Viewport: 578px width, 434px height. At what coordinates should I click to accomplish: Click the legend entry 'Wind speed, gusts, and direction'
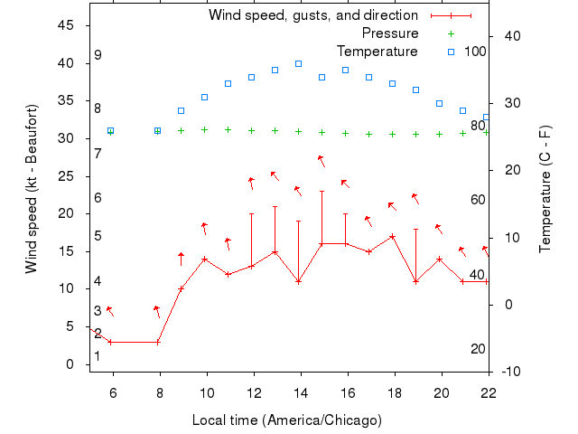(312, 15)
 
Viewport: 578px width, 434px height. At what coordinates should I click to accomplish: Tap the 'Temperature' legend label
(377, 52)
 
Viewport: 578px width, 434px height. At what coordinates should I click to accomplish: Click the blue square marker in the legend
(451, 52)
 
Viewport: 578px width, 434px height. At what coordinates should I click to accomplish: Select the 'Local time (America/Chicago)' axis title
(287, 420)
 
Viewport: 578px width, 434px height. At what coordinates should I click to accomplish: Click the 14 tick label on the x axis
(301, 392)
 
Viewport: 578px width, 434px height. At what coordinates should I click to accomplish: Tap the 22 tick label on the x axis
(489, 392)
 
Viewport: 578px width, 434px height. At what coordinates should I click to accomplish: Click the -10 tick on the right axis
(511, 372)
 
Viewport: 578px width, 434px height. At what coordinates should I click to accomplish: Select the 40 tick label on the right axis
(511, 36)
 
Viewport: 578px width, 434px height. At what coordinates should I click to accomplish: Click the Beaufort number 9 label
(98, 55)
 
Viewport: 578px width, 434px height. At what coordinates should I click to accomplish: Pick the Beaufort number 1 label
(98, 356)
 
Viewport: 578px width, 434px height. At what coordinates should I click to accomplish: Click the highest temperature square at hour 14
(298, 63)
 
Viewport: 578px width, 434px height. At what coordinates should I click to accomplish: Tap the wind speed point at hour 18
(392, 237)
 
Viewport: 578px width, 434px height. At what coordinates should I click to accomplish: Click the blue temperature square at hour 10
(204, 97)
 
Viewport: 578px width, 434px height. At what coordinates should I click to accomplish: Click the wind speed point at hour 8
(157, 342)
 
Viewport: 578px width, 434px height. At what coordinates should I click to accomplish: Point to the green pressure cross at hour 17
(368, 134)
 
